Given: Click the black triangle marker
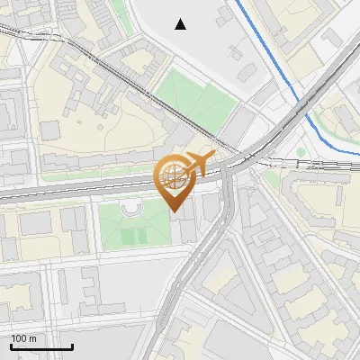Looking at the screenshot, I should coord(181,24).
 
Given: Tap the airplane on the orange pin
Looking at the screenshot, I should coord(199,163).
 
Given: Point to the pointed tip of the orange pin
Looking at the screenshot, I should coord(175,210).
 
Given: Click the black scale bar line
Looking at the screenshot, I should coord(40,346).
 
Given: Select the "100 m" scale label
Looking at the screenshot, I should coord(24,338).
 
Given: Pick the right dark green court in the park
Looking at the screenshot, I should coord(140,237).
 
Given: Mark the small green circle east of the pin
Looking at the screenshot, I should coord(301,152).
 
